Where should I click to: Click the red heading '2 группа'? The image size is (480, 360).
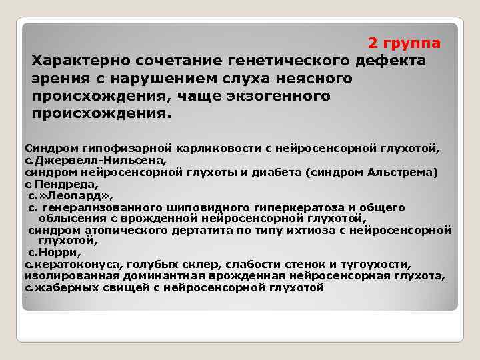point(404,43)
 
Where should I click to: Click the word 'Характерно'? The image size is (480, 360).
point(81,61)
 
